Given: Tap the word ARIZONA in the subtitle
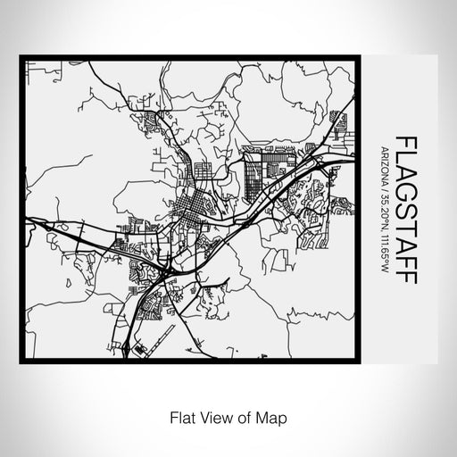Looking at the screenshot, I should [383, 162].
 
